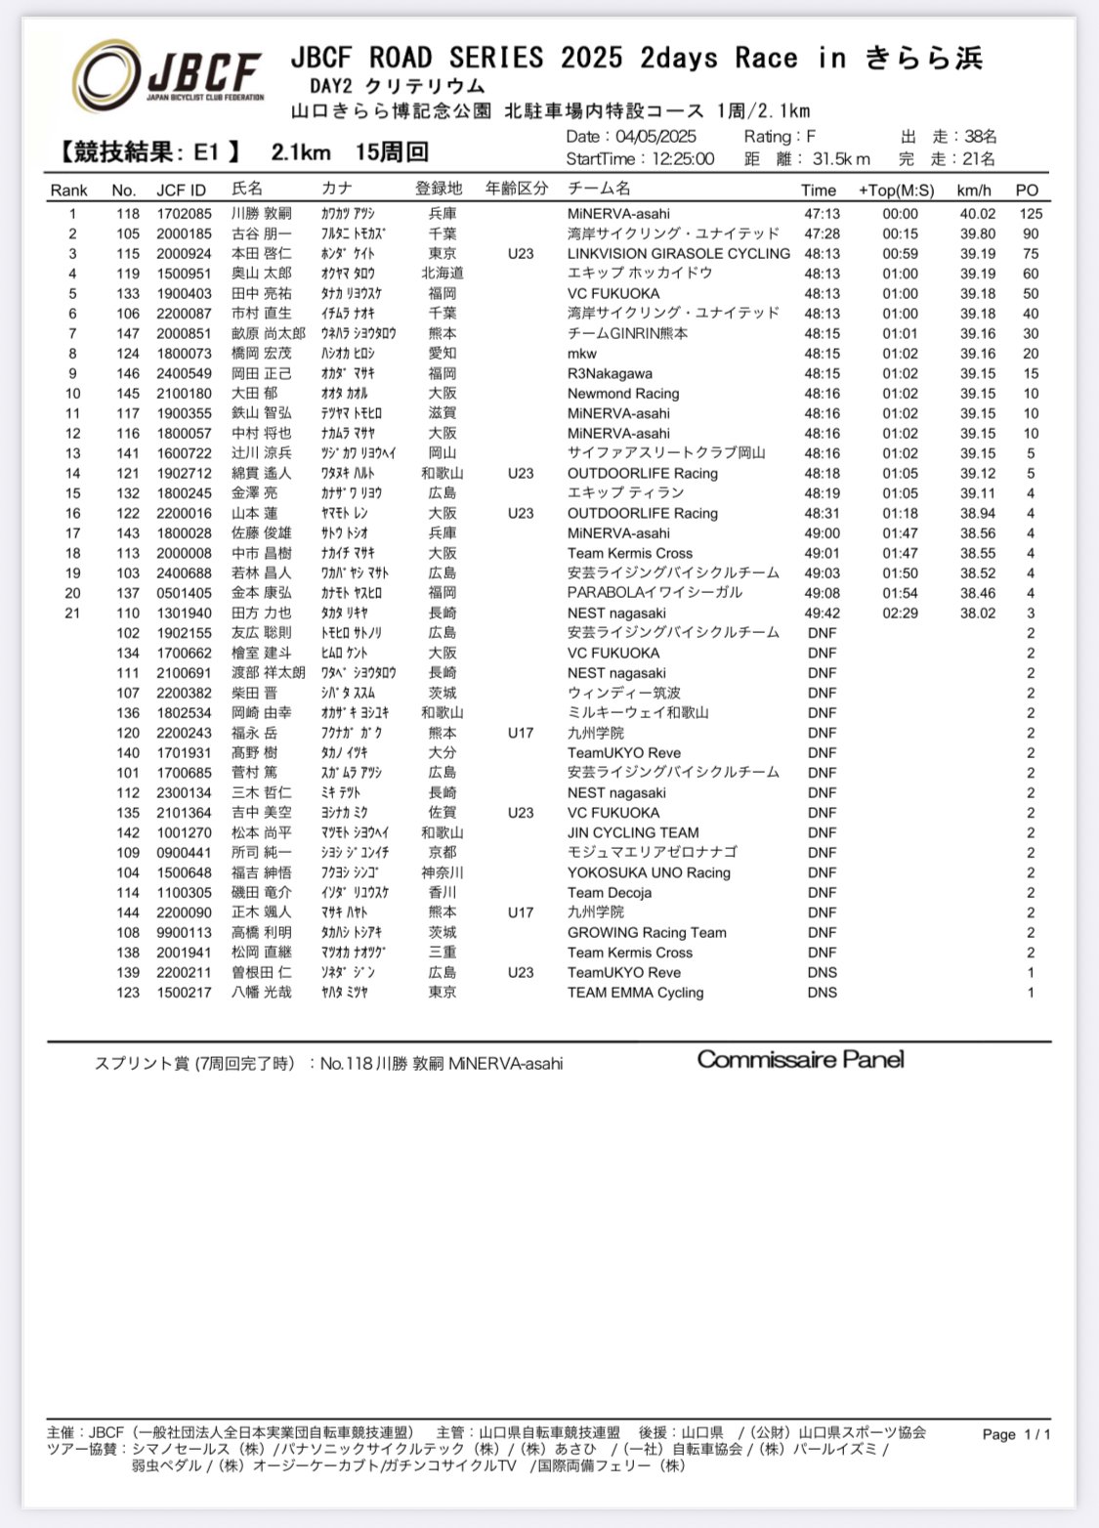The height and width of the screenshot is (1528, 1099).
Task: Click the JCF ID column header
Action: pyautogui.click(x=181, y=190)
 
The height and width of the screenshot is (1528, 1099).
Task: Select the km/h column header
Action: pyautogui.click(x=974, y=191)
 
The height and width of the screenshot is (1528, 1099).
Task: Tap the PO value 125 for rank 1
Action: pyautogui.click(x=1031, y=214)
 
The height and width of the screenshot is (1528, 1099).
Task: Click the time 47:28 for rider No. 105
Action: pyautogui.click(x=822, y=233)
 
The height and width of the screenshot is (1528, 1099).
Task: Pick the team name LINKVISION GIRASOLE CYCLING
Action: pyautogui.click(x=678, y=254)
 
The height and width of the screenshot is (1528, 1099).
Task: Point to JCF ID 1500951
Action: pyautogui.click(x=184, y=274)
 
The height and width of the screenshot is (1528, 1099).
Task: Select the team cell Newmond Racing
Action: pyautogui.click(x=622, y=394)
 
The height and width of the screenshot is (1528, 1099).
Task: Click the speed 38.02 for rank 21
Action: pyautogui.click(x=977, y=614)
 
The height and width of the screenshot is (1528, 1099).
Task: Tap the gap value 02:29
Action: pyautogui.click(x=900, y=614)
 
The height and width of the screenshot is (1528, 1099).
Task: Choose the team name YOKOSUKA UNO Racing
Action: pyautogui.click(x=649, y=872)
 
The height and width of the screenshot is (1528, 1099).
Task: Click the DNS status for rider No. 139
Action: pyautogui.click(x=822, y=972)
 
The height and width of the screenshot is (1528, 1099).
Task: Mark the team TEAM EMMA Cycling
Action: pyautogui.click(x=635, y=993)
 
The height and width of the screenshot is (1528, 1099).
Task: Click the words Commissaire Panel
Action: pyautogui.click(x=800, y=1060)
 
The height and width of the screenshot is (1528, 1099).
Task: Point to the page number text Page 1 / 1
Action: pyautogui.click(x=1016, y=1434)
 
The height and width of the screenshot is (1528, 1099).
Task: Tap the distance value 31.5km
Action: pyautogui.click(x=840, y=159)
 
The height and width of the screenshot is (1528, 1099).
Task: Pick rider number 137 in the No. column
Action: pyautogui.click(x=128, y=593)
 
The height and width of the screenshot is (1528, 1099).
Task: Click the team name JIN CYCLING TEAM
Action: pyautogui.click(x=633, y=832)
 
